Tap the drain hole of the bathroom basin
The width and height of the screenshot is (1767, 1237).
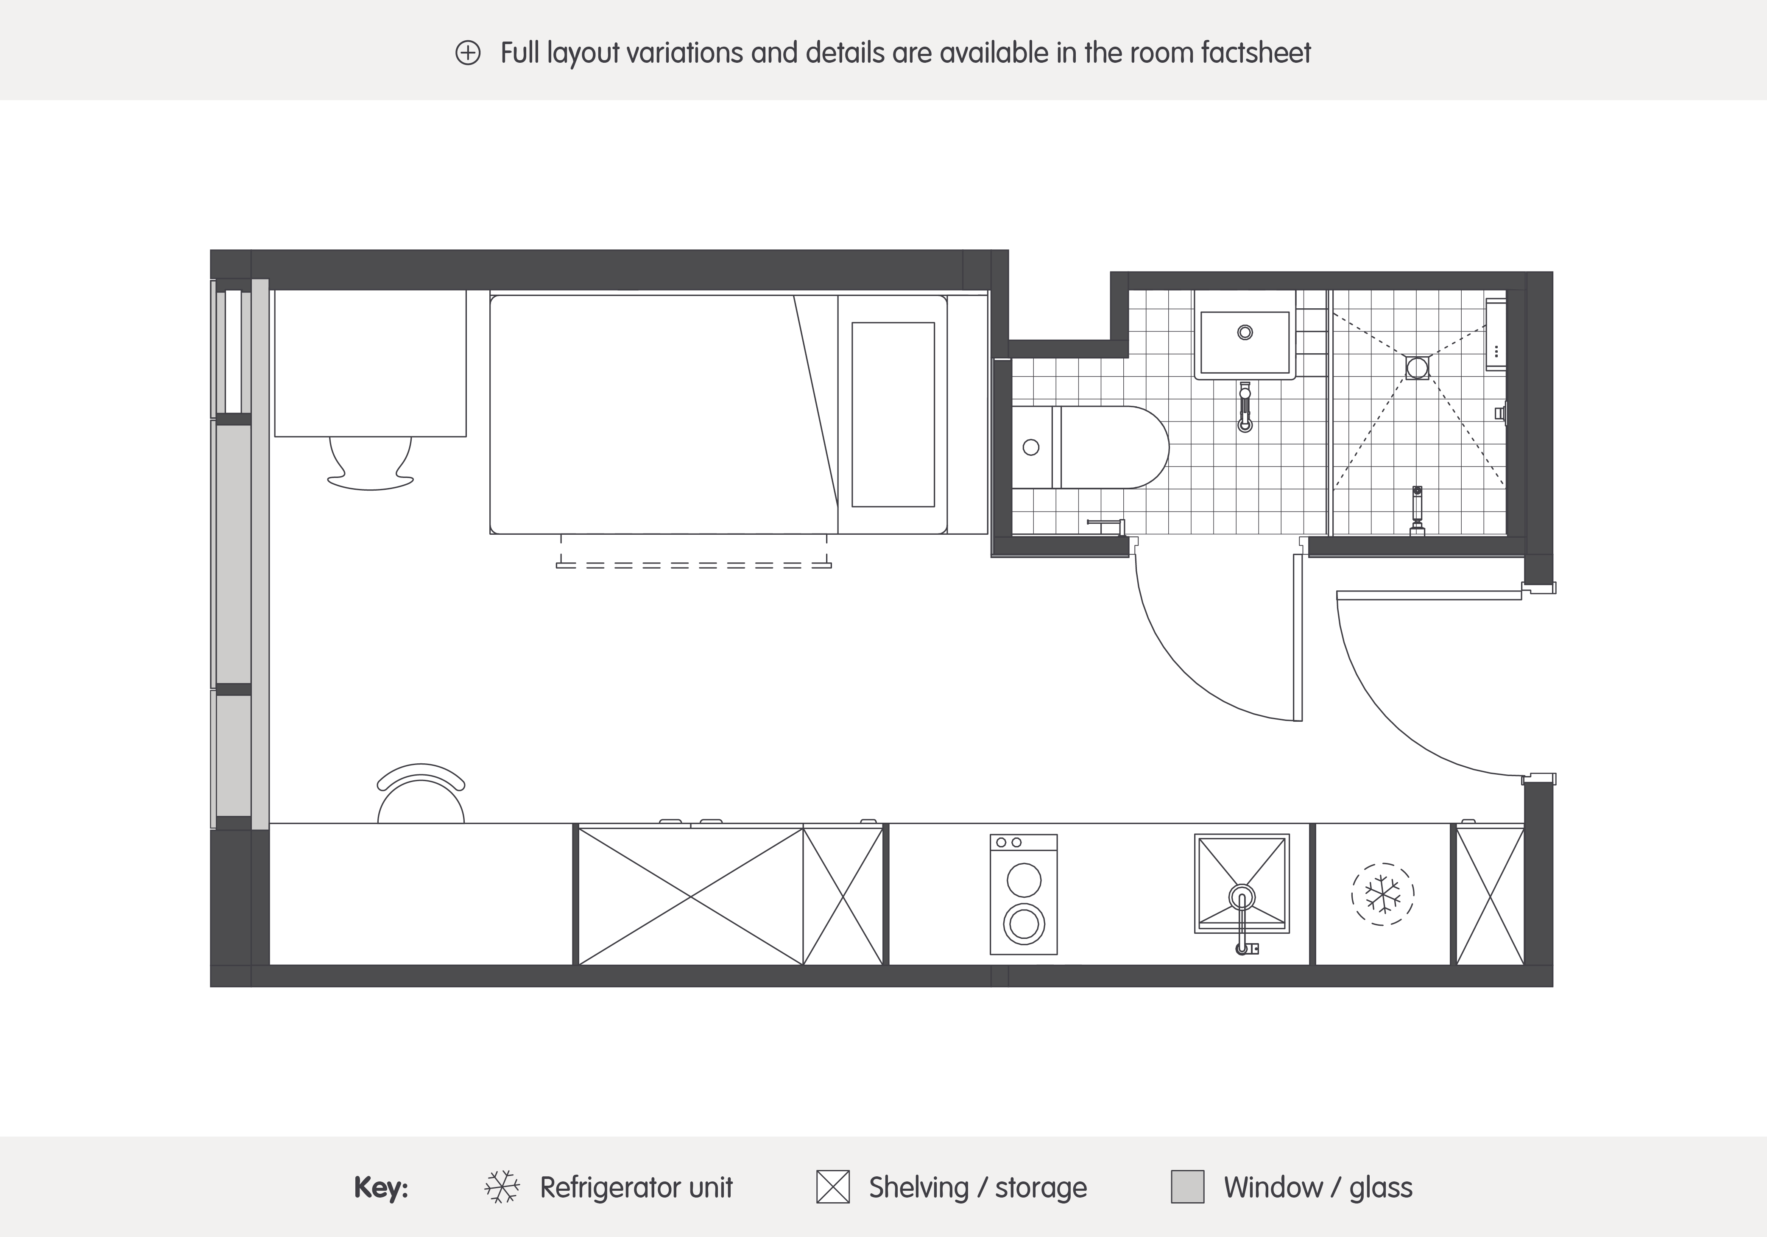point(1245,332)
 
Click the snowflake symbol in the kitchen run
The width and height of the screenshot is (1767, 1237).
point(1382,894)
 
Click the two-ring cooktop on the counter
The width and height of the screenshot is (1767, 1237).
point(1024,894)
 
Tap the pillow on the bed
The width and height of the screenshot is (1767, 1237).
point(893,415)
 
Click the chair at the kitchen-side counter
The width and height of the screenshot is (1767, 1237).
point(421,793)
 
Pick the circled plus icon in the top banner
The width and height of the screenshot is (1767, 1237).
point(468,53)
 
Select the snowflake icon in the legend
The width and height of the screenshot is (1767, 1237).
point(502,1187)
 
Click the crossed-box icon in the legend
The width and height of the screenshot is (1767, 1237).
point(833,1187)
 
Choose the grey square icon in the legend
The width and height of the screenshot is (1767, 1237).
point(1187,1187)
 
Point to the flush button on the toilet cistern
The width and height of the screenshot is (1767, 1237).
point(1031,447)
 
